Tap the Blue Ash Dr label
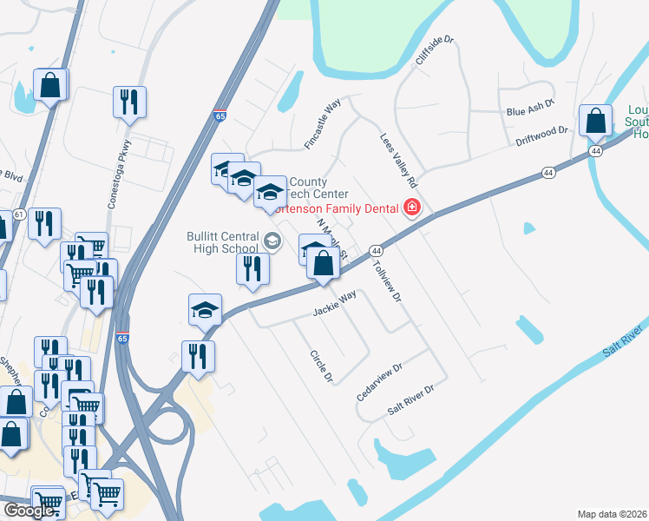coord(529,111)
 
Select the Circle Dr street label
coord(322,366)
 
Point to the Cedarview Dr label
coord(380,382)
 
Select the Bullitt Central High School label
coord(222,242)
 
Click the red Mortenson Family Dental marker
coord(410,208)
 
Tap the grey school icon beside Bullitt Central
coord(272,241)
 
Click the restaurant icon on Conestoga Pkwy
coord(129,102)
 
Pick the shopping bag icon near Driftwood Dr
coord(596,122)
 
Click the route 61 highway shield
coord(18,215)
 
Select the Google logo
coord(29,511)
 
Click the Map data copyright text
coord(613,514)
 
